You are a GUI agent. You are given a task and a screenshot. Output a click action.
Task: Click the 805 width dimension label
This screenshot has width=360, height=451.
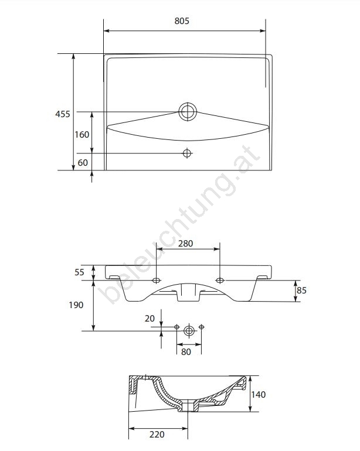[x=182, y=21]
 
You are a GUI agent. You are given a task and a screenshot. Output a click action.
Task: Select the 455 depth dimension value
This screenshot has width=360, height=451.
[x=63, y=114]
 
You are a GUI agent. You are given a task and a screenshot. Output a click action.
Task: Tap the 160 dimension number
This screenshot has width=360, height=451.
[x=82, y=135]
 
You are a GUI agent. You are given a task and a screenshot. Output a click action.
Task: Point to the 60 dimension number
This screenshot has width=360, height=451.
[x=83, y=163]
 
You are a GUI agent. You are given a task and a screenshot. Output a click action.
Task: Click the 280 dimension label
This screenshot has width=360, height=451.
[x=185, y=244]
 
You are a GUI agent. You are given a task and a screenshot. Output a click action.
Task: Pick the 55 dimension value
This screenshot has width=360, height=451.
[x=80, y=272]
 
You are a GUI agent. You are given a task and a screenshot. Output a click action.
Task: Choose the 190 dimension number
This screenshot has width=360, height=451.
[x=76, y=305]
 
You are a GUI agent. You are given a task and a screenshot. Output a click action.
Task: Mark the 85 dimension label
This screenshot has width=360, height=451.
[x=301, y=291]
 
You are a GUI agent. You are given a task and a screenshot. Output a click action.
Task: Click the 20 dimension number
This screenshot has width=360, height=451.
[x=150, y=319]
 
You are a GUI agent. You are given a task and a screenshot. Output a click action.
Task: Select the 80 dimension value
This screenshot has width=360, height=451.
[x=186, y=352]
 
